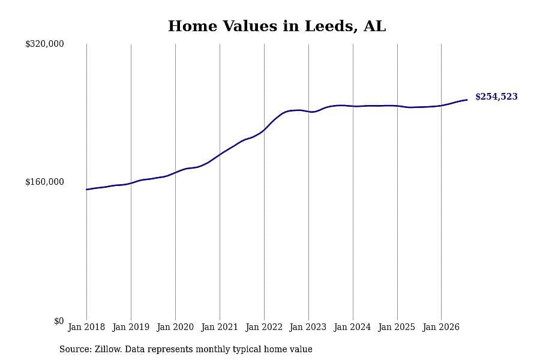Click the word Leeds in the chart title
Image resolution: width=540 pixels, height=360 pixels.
(331, 26)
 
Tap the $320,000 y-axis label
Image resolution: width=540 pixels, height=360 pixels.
(44, 44)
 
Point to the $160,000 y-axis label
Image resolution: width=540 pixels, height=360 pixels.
(44, 182)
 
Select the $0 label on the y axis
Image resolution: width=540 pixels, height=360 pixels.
(59, 321)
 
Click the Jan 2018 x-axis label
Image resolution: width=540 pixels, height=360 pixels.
(86, 327)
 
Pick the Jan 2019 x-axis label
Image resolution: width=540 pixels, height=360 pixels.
(131, 327)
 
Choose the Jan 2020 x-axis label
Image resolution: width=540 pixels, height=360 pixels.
(175, 327)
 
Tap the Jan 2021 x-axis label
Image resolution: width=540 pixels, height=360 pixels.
(220, 327)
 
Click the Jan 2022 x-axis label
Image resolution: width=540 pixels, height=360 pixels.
(264, 327)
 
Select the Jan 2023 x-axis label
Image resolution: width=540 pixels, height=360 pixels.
(308, 327)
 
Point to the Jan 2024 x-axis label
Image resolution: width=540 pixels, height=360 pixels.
(352, 327)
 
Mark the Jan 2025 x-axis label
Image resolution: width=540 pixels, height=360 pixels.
(397, 327)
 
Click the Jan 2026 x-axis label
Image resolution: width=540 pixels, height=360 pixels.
(441, 327)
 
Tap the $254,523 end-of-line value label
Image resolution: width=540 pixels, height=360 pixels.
(496, 97)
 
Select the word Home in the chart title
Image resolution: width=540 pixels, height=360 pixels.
(193, 26)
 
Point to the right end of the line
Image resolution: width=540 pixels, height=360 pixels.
(467, 100)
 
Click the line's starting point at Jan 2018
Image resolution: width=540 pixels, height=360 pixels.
(86, 190)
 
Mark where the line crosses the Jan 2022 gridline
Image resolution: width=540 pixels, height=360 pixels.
(264, 130)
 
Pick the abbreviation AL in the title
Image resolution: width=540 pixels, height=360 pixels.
(374, 26)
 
